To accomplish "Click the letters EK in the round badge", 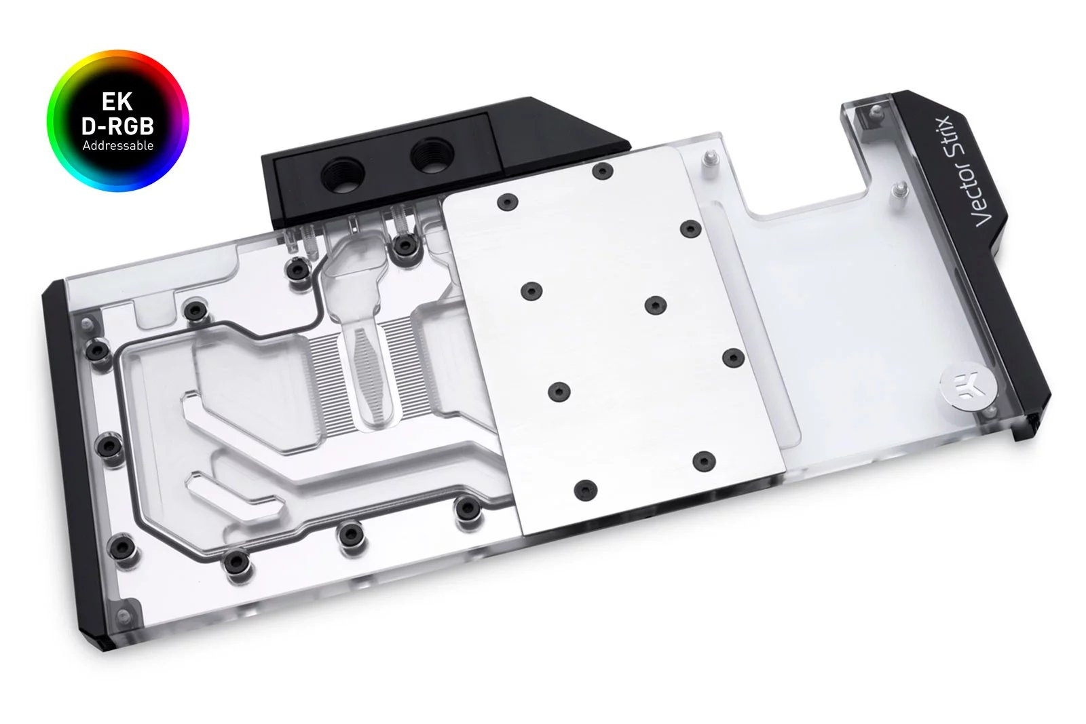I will coord(117,102).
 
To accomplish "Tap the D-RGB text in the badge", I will coord(117,126).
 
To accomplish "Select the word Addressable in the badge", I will coord(117,145).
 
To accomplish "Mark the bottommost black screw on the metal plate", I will coord(585,489).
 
